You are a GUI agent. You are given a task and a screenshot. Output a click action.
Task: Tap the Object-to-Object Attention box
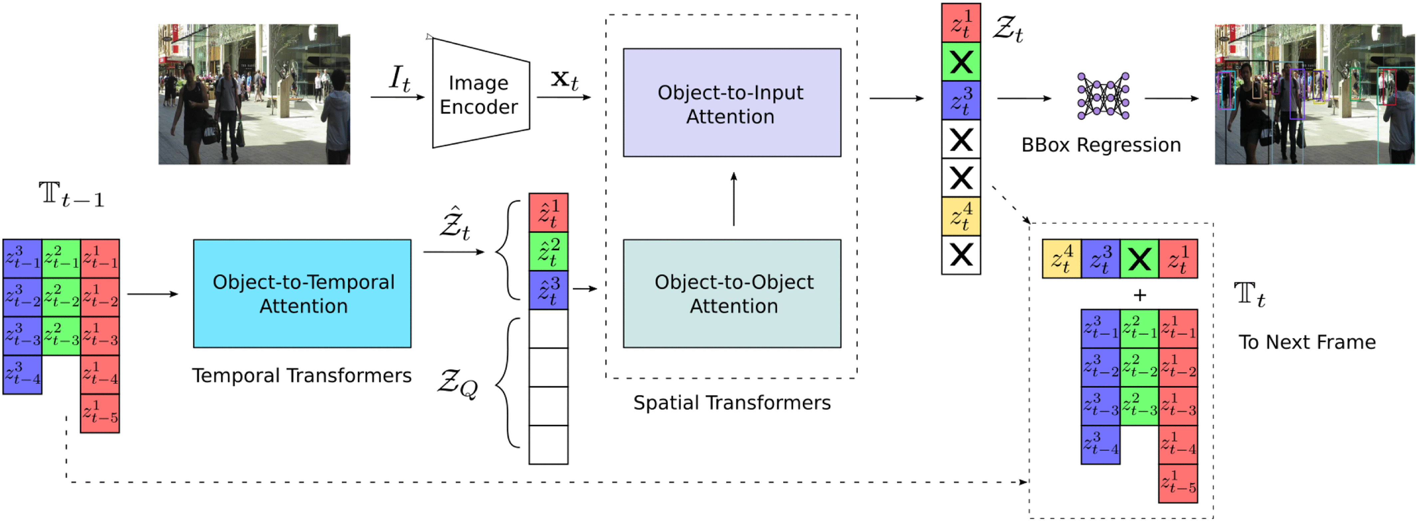[731, 294]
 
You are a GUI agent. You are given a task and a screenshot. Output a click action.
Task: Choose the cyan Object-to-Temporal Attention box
[302, 294]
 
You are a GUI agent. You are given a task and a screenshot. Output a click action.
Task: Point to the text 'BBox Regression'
[1101, 145]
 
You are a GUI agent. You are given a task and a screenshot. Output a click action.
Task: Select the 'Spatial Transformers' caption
[731, 403]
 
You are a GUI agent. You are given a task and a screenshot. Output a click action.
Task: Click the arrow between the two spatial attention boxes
[733, 199]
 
